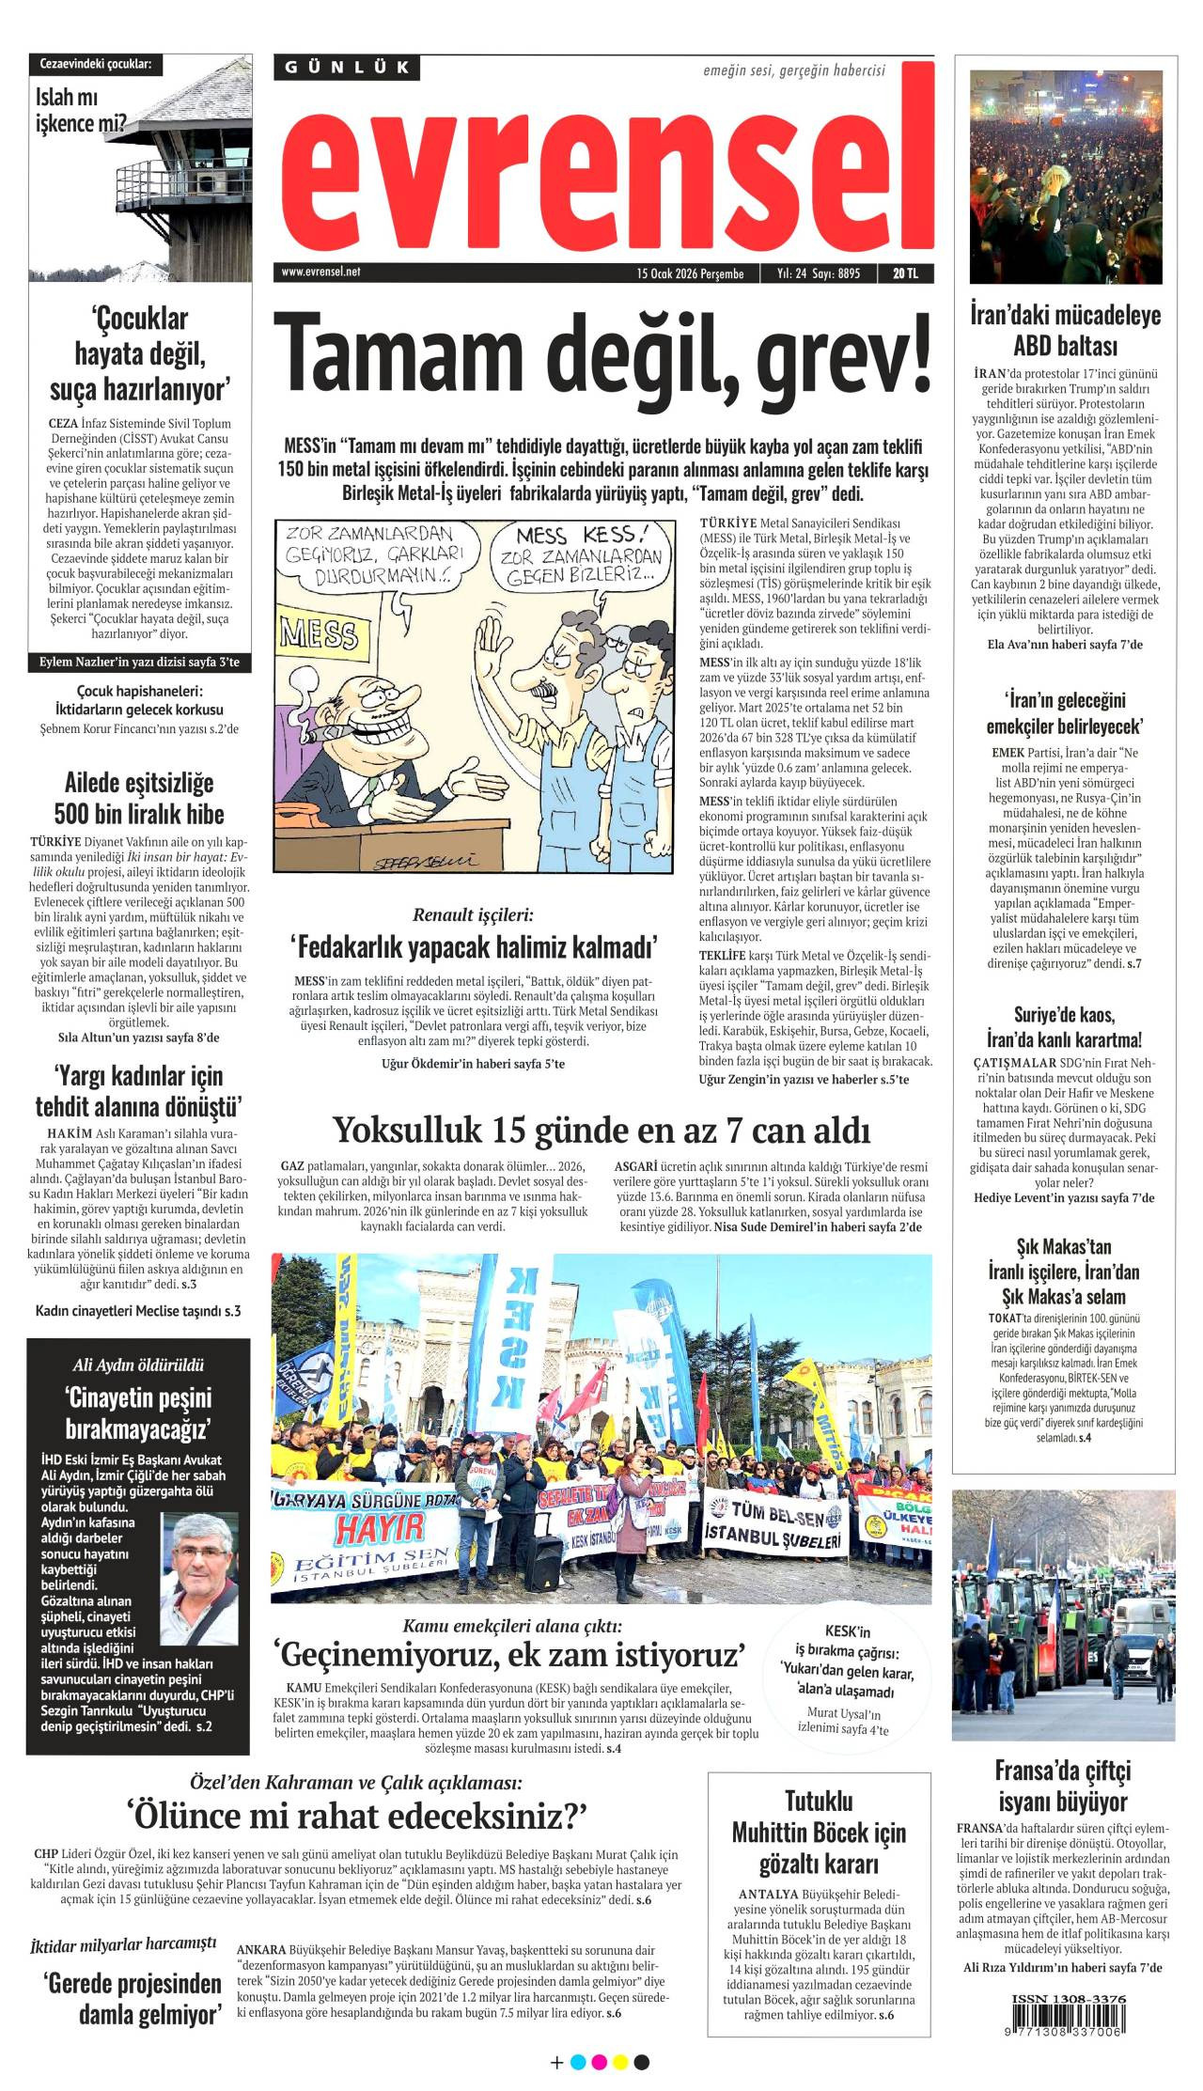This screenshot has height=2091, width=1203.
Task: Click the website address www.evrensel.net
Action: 320,273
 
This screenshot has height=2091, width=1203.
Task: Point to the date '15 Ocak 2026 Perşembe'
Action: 690,273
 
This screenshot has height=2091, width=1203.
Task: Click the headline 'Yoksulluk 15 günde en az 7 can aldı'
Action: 601,1129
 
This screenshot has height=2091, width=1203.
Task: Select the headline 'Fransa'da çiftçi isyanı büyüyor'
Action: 1062,1787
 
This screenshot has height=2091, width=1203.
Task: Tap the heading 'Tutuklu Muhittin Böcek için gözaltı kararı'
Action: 819,1832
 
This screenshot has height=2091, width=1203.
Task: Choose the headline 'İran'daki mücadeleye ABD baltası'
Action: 1064,329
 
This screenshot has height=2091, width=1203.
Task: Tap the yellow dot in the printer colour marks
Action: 620,2063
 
